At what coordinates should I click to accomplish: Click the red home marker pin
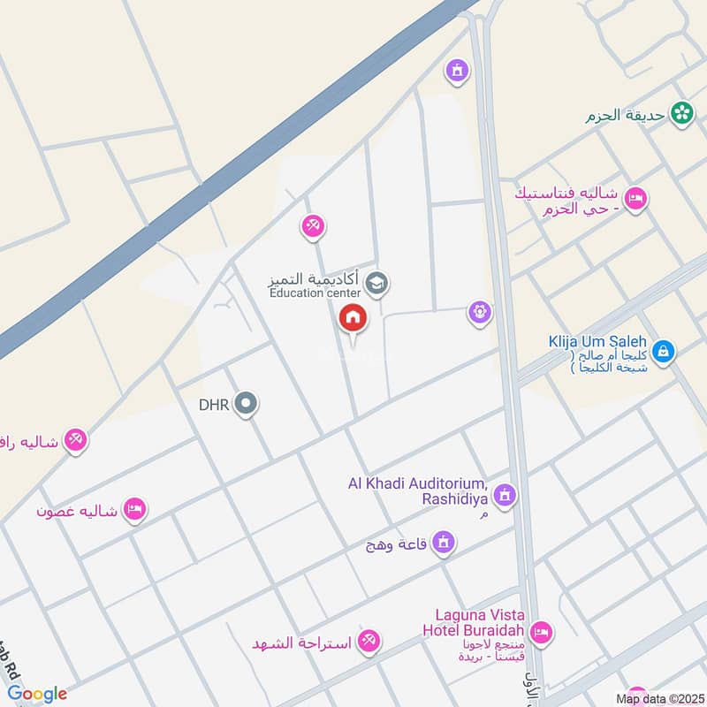point(353,317)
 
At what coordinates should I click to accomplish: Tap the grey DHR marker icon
point(247,405)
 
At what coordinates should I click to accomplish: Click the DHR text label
point(214,405)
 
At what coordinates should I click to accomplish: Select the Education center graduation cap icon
point(377,283)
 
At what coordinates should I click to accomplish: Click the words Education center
point(315,293)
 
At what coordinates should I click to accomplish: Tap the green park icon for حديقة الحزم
point(681,112)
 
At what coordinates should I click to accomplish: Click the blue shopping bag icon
point(665,352)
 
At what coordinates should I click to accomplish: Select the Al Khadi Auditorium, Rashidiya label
point(418,491)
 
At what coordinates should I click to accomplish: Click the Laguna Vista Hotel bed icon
point(542,632)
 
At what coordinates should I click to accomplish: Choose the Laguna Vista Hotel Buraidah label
point(480,624)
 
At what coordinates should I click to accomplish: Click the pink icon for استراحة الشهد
point(369,642)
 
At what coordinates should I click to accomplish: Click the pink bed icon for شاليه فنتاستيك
point(635,199)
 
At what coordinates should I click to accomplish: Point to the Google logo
point(38,694)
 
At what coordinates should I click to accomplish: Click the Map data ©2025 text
point(658,698)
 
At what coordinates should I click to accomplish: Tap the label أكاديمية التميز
point(315,277)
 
